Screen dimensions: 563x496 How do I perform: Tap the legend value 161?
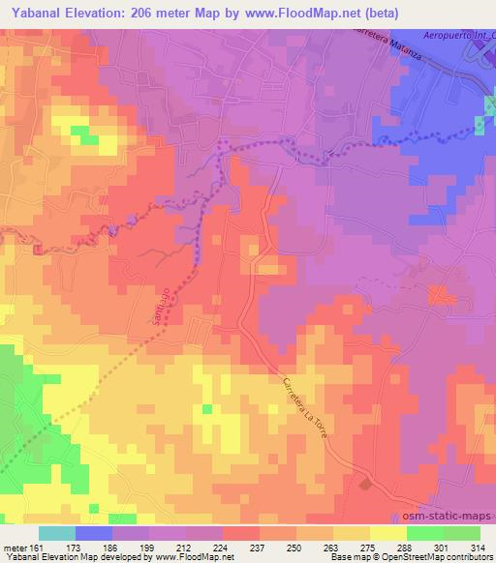click(x=36, y=548)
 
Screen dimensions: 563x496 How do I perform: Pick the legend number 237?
click(x=258, y=548)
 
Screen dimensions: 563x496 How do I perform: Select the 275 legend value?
click(x=368, y=548)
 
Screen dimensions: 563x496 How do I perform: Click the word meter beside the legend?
click(x=14, y=548)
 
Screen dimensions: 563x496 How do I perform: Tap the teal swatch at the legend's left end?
click(x=56, y=533)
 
